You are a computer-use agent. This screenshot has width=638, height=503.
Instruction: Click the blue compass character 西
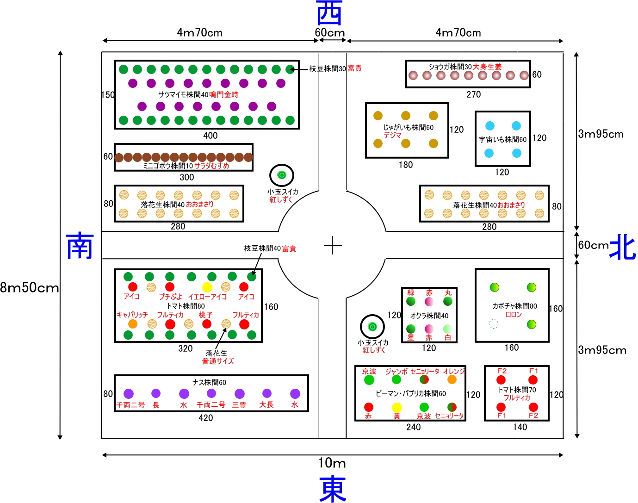(329, 13)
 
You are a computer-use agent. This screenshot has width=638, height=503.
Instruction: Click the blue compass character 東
(332, 489)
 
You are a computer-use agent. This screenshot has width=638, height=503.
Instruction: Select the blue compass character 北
(622, 246)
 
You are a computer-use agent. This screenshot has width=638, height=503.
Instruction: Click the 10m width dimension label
(332, 463)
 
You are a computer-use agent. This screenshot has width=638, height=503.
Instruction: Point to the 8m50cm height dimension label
(30, 288)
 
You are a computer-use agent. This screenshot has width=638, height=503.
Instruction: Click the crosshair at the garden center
(333, 245)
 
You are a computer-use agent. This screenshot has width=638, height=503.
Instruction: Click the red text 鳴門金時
(224, 94)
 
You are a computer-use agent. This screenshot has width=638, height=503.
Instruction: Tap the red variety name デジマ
(392, 135)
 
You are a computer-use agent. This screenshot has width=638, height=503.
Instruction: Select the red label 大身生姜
(487, 67)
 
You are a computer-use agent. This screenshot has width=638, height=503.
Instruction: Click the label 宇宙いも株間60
(502, 139)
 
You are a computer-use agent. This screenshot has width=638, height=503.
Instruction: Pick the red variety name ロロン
(514, 314)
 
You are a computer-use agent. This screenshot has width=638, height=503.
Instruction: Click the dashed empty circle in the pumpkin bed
(494, 324)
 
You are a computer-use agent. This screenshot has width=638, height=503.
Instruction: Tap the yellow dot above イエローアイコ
(207, 287)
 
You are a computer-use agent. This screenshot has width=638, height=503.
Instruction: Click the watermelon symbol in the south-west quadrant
(282, 175)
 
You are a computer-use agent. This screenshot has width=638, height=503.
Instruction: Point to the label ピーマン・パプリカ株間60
(411, 393)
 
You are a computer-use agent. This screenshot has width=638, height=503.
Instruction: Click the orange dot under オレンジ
(452, 379)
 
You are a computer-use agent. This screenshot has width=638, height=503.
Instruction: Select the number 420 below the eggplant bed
(206, 418)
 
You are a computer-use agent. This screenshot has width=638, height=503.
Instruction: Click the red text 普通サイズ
(218, 361)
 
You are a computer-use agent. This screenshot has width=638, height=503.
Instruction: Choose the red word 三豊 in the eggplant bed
(239, 405)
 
